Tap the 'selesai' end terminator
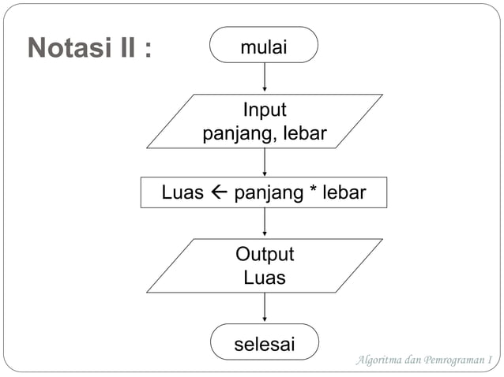pyautogui.click(x=264, y=345)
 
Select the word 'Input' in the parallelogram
pyautogui.click(x=264, y=109)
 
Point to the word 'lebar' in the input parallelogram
pyautogui.click(x=304, y=134)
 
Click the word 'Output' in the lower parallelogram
pyautogui.click(x=264, y=254)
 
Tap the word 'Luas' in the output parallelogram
pyautogui.click(x=264, y=278)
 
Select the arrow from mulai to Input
pyautogui.click(x=265, y=78)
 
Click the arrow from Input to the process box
pyautogui.click(x=265, y=162)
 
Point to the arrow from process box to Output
pyautogui.click(x=265, y=223)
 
